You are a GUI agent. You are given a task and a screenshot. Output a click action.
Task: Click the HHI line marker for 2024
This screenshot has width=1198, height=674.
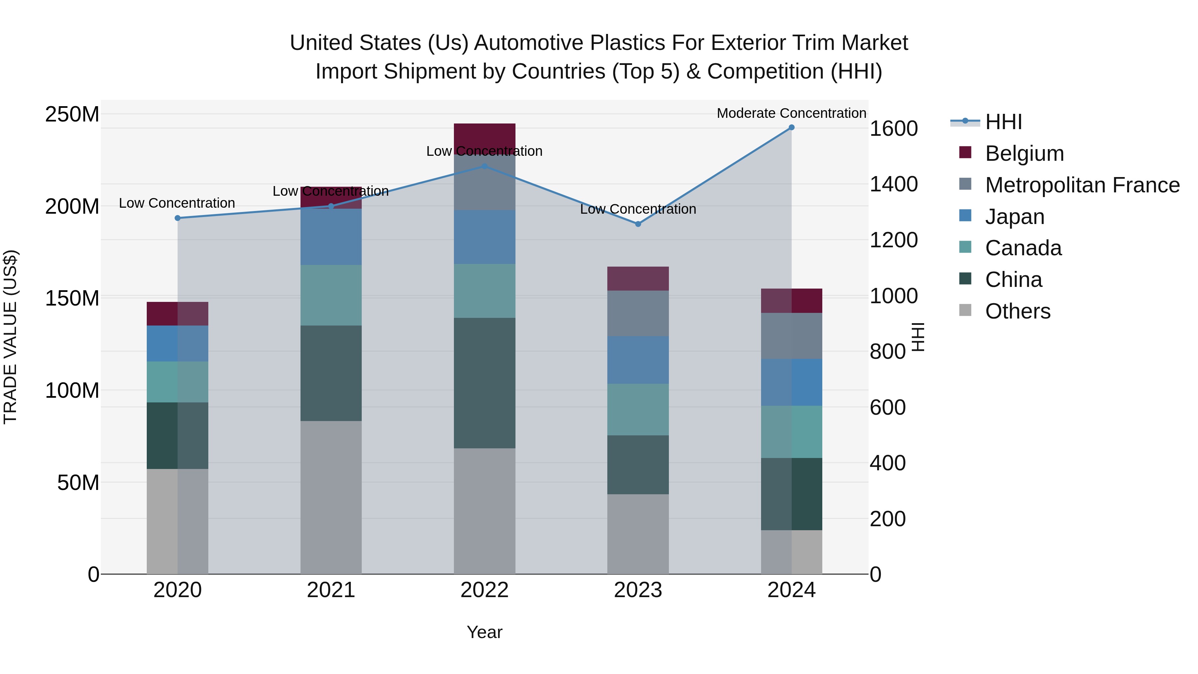[792, 127]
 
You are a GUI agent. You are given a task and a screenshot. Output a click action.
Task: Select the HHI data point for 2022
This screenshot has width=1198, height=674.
[484, 166]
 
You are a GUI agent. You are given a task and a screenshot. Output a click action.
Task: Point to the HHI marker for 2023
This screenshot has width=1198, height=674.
[638, 224]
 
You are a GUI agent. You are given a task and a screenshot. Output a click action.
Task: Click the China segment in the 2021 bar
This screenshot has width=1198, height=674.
[331, 373]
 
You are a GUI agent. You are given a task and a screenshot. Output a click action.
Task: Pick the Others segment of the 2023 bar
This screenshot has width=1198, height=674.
[638, 534]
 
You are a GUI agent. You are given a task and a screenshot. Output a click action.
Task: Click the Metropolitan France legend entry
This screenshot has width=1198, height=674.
[1082, 185]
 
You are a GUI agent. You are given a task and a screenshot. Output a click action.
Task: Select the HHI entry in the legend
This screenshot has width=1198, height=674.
[1003, 122]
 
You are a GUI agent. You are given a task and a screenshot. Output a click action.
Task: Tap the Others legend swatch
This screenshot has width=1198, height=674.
[965, 310]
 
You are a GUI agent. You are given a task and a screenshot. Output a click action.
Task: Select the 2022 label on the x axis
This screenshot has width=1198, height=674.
[484, 590]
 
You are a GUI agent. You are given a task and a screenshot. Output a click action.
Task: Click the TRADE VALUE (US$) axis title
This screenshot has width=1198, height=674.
[10, 337]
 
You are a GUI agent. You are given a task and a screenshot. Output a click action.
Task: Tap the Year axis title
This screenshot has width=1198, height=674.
[484, 632]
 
